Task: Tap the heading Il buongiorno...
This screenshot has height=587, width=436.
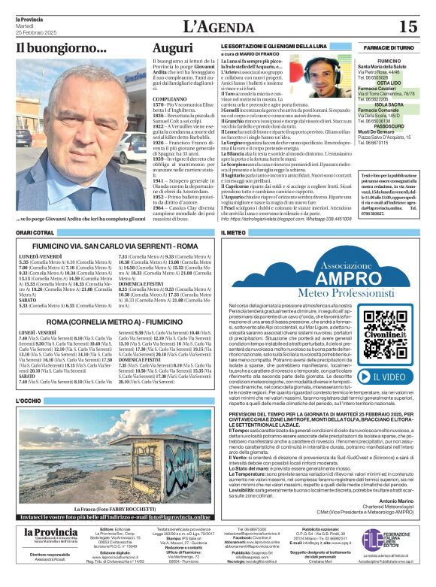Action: point(61,49)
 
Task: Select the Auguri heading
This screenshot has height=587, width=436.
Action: point(172,48)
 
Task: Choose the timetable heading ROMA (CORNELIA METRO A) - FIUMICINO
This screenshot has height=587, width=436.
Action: point(114,321)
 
